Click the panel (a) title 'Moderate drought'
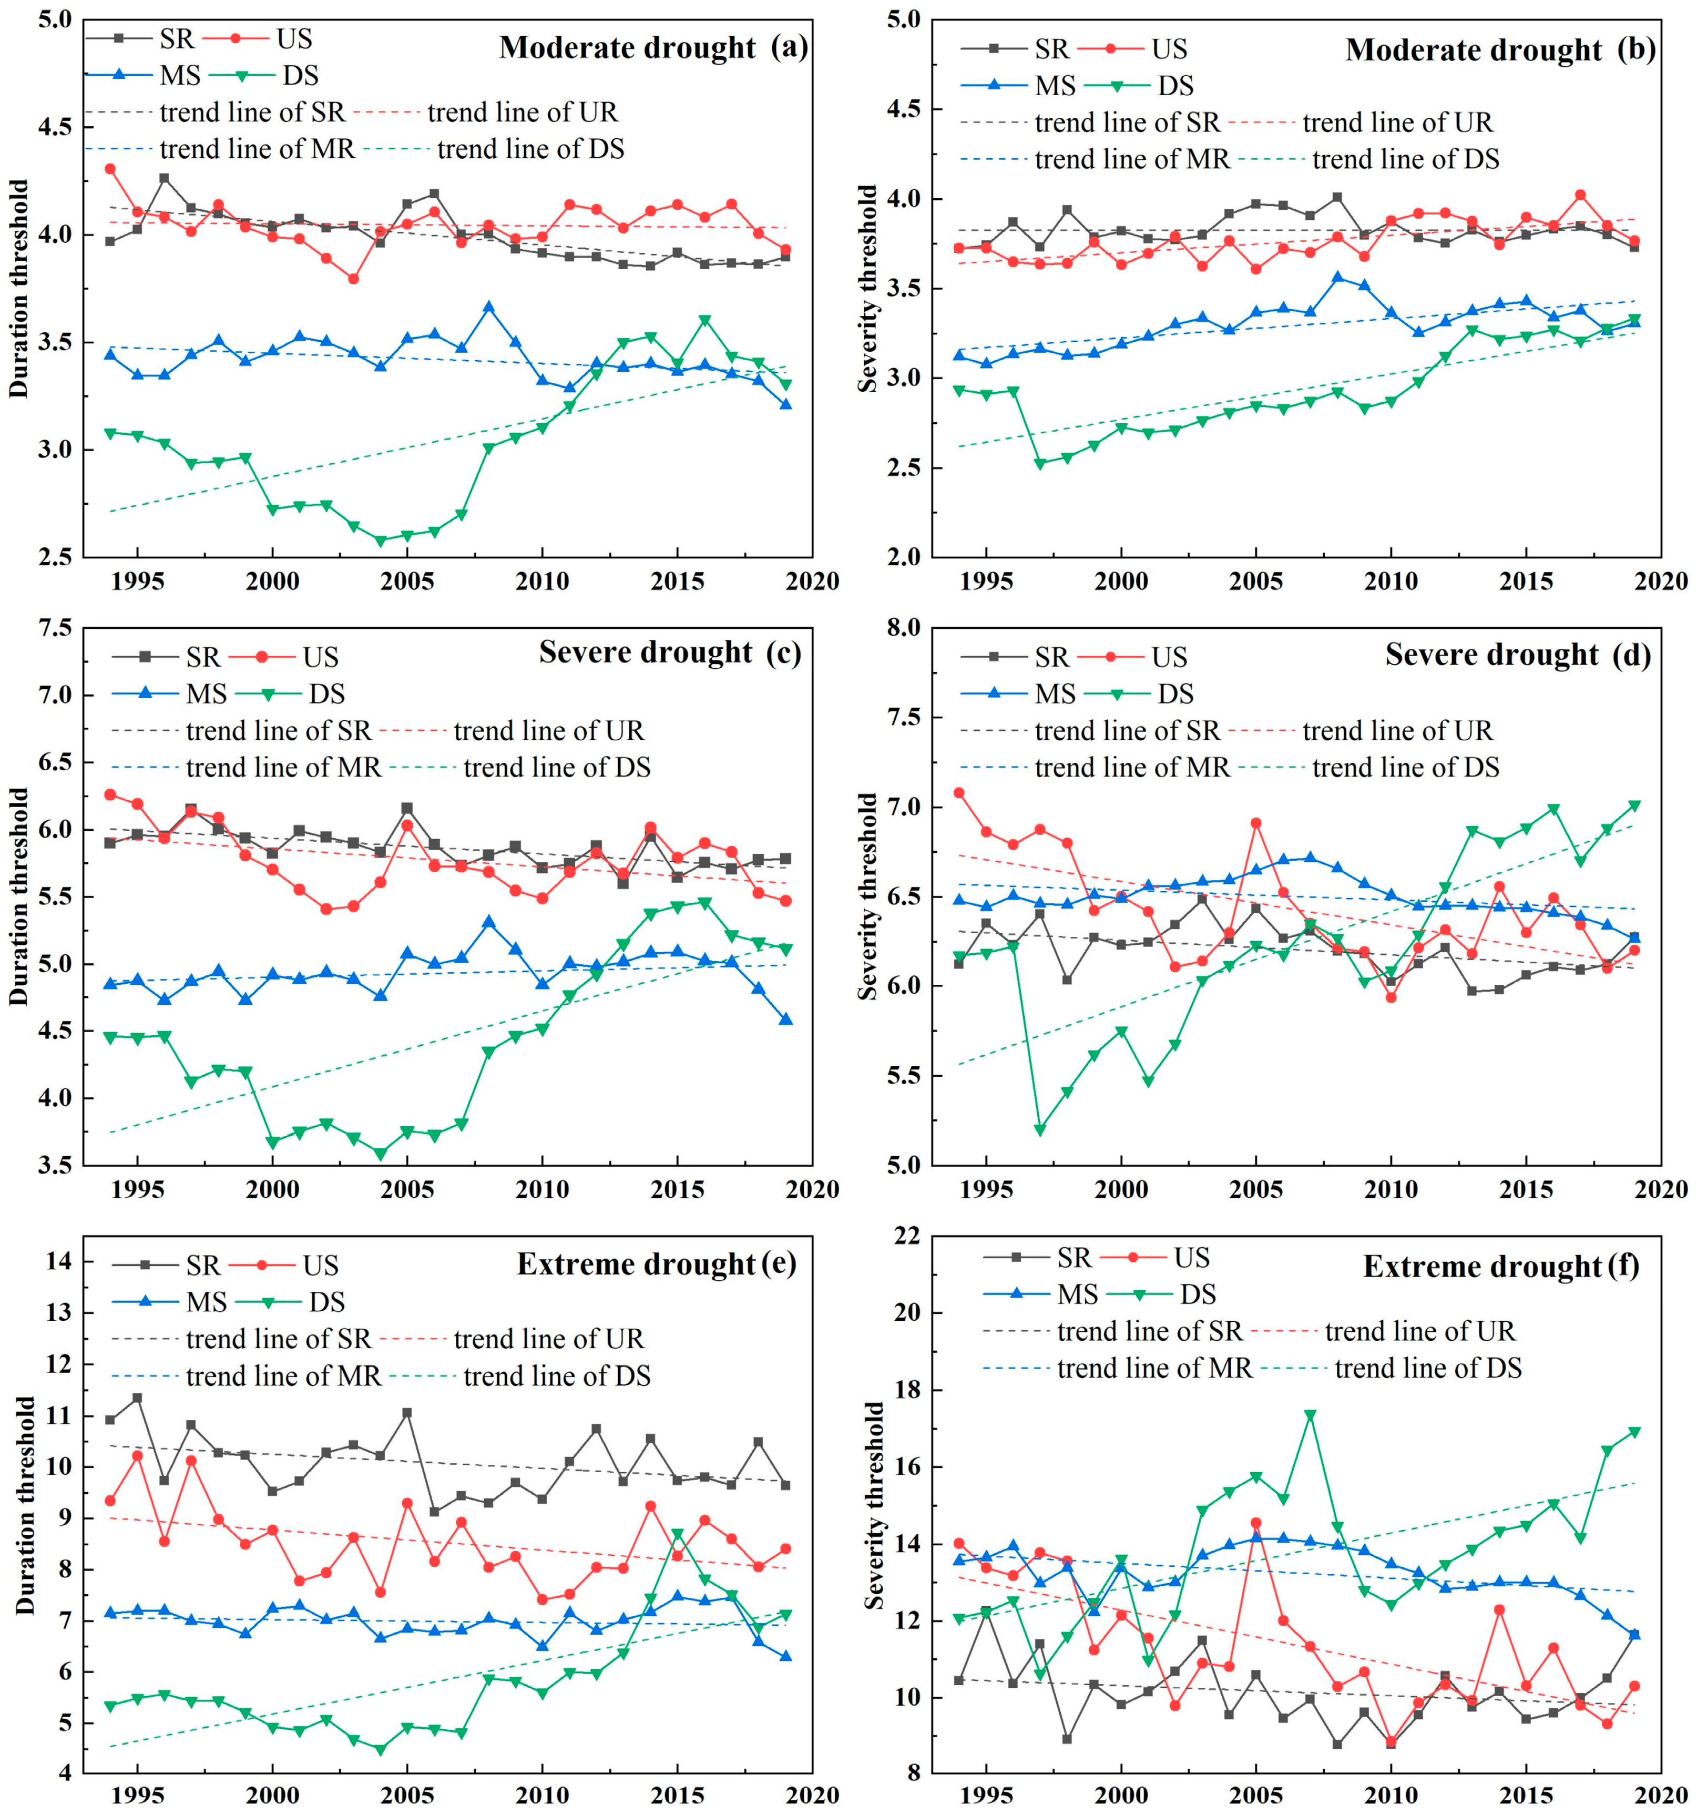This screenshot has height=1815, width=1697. [x=627, y=47]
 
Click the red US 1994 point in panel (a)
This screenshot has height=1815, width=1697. [x=110, y=169]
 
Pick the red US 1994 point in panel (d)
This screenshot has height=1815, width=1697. [x=958, y=792]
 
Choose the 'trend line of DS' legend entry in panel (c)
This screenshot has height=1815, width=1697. [x=557, y=768]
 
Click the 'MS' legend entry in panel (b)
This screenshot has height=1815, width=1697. [x=1055, y=86]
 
